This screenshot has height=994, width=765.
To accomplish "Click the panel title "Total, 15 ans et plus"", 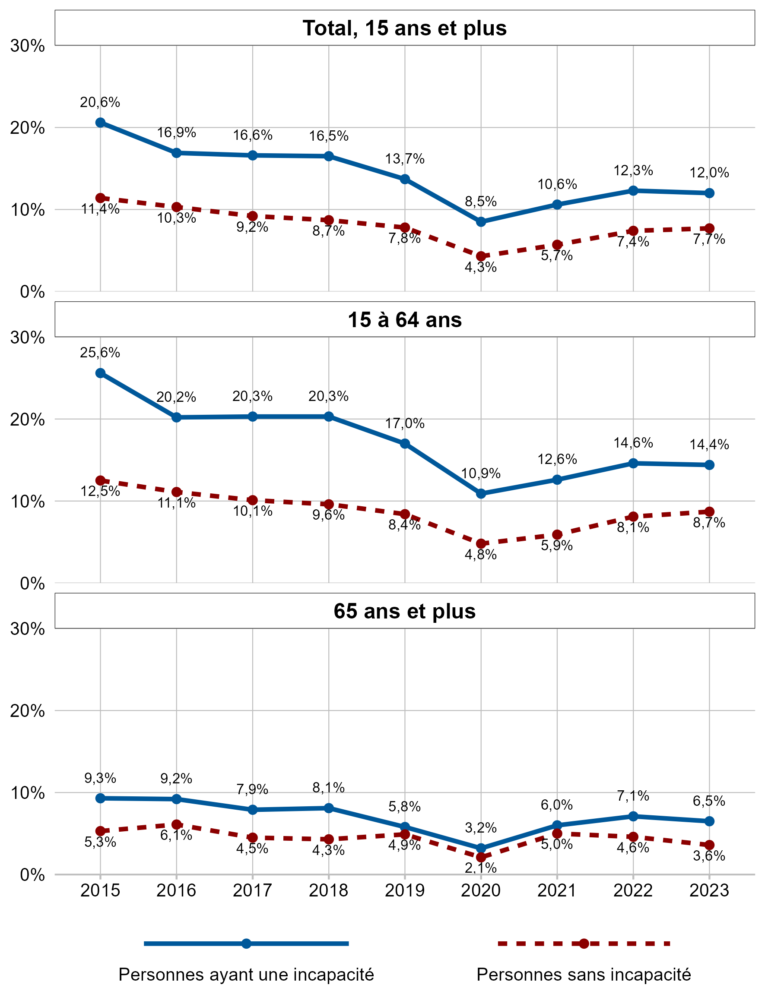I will pos(404,28).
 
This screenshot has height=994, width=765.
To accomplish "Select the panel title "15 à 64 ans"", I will pos(404,320).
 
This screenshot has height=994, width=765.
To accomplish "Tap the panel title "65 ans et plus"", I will pos(404,611).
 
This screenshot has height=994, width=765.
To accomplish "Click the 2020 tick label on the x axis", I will pos(480,890).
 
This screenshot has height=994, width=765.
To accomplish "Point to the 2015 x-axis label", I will pos(100,890).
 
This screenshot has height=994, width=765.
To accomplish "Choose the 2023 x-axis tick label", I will pos(709,890).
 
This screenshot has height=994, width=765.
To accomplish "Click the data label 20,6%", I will pos(100,102).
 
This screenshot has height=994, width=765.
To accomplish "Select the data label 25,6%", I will pos(100,353).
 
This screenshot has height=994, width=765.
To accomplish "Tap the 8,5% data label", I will pos(480,202).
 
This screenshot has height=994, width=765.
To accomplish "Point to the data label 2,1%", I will pos(480,868).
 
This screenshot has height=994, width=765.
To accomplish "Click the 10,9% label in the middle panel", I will pos(480,473).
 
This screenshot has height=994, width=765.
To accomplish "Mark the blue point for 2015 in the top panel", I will pos(100,123).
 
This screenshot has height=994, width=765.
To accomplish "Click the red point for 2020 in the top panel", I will pos(481,256).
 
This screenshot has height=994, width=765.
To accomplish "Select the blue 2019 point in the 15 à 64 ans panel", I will pos(405,444).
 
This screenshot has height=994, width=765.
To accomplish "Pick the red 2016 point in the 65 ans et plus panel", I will pos(177,824).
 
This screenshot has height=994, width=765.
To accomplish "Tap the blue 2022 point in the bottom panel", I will pos(633,816).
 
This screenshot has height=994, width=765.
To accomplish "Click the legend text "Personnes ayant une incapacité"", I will pos(246,975).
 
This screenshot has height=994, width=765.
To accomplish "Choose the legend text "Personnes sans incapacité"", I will pos(584,975).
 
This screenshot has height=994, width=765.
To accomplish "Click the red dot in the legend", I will pos(584,944).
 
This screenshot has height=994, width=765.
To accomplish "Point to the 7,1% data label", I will pos(633,795).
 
